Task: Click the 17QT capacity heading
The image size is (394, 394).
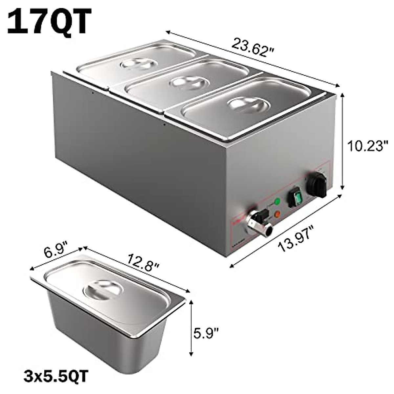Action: click(49, 22)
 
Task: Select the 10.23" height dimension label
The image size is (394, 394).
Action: click(368, 145)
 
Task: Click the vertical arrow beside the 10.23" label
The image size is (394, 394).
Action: click(343, 141)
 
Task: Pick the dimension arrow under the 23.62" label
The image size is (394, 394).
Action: click(253, 59)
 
